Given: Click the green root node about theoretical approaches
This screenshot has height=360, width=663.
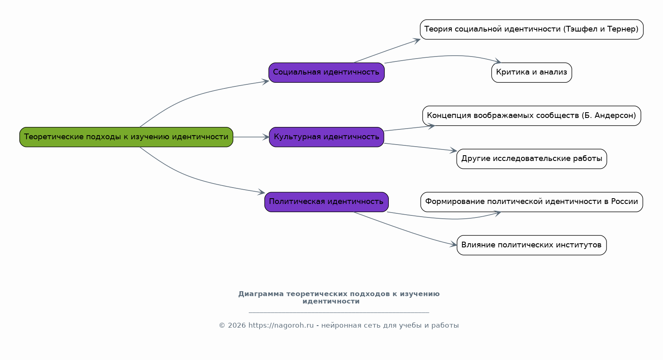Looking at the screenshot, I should pos(126,137).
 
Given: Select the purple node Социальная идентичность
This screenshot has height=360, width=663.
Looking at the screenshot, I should pos(326,72).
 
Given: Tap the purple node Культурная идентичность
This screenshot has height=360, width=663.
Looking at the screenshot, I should pos(326,137).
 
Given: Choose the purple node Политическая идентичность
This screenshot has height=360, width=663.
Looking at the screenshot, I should pos(326,202).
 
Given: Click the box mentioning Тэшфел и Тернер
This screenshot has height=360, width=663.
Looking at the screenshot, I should pos(531,29).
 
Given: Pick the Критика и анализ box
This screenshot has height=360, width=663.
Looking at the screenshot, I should pos(531,72).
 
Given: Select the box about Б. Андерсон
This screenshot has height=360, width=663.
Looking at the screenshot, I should pos(531,115).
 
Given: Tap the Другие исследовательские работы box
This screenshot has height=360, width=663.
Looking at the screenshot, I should pos(531,159).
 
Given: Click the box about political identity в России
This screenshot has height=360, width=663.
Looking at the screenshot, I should pos(531,202).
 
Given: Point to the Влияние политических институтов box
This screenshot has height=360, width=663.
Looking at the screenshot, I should pos(531,245).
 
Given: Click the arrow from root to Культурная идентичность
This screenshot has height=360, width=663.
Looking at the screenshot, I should pos(250,137).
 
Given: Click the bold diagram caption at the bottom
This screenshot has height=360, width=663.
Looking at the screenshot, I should pos(338,297).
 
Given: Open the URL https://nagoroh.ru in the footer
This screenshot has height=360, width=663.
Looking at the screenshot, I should pos(281,326).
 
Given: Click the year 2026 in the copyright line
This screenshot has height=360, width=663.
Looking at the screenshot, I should pos(237,326).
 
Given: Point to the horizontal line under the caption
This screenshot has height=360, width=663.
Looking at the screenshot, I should pos(338,312).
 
